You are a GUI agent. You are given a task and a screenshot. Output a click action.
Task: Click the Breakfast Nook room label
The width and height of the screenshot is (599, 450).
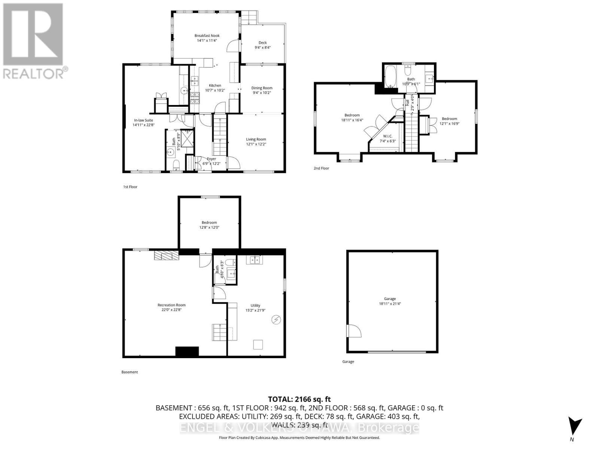click(x=207, y=36)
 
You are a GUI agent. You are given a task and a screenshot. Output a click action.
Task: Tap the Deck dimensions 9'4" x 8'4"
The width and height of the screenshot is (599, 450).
click(x=262, y=48)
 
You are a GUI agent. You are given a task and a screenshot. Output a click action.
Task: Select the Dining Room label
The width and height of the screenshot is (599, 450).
click(x=262, y=88)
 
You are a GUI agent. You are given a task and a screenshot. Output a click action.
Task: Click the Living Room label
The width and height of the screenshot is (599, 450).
click(x=256, y=139)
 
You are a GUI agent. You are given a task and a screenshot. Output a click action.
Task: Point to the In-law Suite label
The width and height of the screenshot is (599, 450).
click(x=143, y=120)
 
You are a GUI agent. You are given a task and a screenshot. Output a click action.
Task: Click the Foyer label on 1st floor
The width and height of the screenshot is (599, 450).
click(x=211, y=159)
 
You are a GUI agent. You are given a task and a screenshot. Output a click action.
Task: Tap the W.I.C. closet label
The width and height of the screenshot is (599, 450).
click(x=387, y=136)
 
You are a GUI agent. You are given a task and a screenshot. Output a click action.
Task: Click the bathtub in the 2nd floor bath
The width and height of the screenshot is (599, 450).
click(x=390, y=76)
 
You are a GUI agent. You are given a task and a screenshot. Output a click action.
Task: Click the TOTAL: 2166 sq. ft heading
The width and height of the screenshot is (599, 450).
click(x=299, y=399)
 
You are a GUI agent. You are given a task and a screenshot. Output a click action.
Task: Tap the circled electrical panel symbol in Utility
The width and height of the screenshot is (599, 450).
click(x=276, y=319)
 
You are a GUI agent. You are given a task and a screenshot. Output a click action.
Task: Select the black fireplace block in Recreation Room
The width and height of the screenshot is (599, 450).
click(x=187, y=351)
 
